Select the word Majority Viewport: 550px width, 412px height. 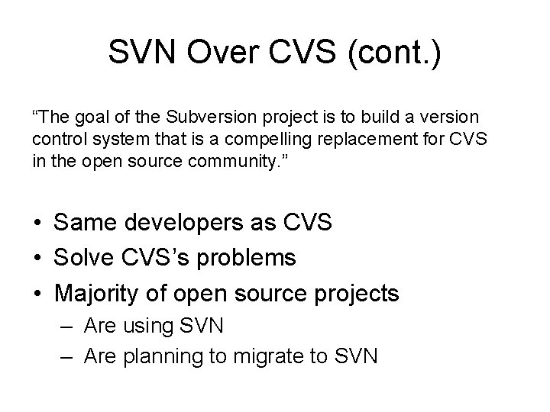click(x=102, y=292)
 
